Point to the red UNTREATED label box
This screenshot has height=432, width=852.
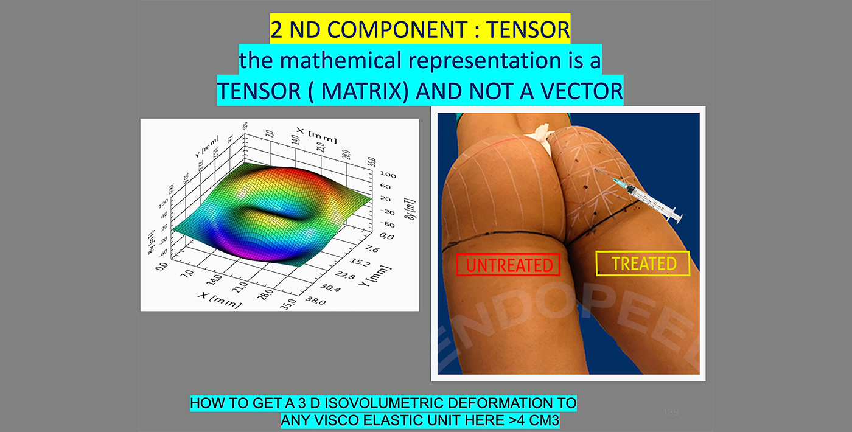pyautogui.click(x=508, y=265)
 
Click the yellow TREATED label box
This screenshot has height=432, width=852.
pyautogui.click(x=643, y=263)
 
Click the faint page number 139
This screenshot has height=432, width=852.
pyautogui.click(x=671, y=413)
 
